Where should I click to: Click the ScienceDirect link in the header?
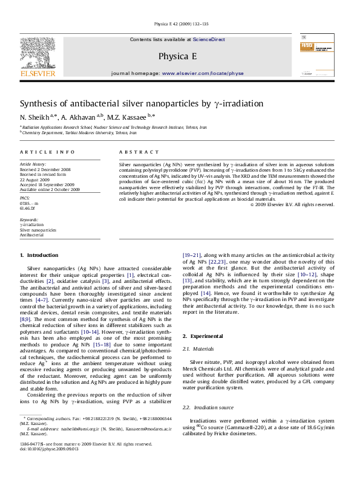point(209,39)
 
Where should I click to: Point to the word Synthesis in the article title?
point(41,103)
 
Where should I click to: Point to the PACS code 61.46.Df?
point(28,208)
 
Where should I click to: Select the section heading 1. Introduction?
point(39,255)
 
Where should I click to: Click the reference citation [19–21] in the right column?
point(193,256)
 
